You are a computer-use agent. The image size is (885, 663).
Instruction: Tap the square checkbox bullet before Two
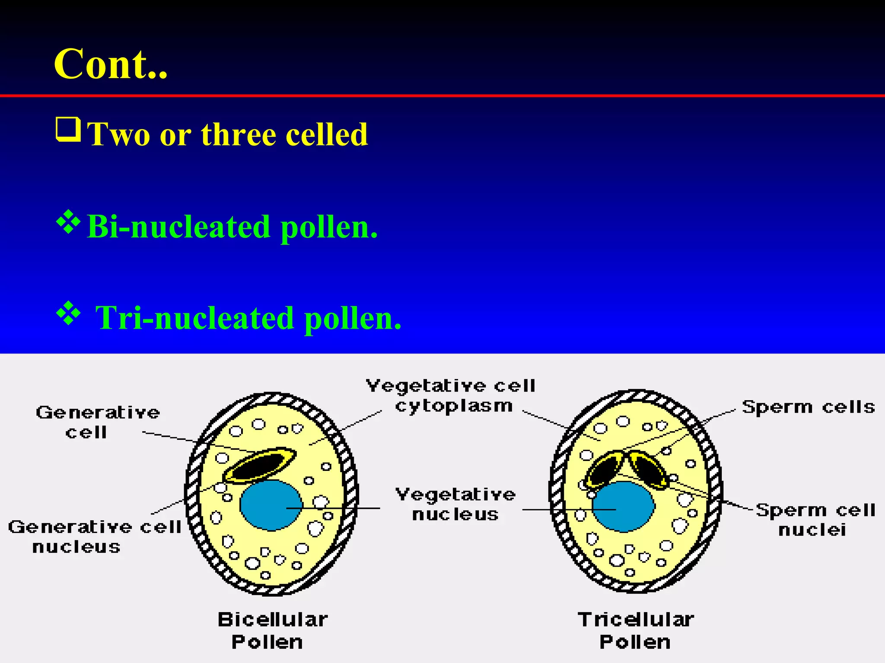pos(68,129)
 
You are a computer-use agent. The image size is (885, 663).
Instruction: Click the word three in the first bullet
pos(238,135)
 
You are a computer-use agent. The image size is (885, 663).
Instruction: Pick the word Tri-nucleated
pos(194,318)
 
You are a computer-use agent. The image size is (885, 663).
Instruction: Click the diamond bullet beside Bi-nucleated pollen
pos(68,222)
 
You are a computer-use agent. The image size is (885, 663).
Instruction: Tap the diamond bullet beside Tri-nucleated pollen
pos(68,313)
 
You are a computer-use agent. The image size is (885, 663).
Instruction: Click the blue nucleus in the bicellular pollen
pos(271,505)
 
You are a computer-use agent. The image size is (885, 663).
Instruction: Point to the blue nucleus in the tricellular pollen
pos(623,506)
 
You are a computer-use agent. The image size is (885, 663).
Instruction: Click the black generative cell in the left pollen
pos(259,465)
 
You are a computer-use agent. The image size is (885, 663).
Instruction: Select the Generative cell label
pos(98,422)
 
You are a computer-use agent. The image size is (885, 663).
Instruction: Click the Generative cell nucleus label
pos(94,537)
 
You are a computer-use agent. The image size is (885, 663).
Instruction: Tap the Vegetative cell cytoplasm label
pos(452,395)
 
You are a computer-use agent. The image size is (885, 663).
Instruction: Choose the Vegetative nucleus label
pos(455,504)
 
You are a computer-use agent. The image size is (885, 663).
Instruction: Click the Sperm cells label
pos(808,407)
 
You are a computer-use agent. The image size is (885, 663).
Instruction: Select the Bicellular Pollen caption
pos(272,631)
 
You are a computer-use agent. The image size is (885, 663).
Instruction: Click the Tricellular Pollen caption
pos(636,631)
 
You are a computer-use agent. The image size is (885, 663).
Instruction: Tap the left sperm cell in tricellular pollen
pos(605,470)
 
